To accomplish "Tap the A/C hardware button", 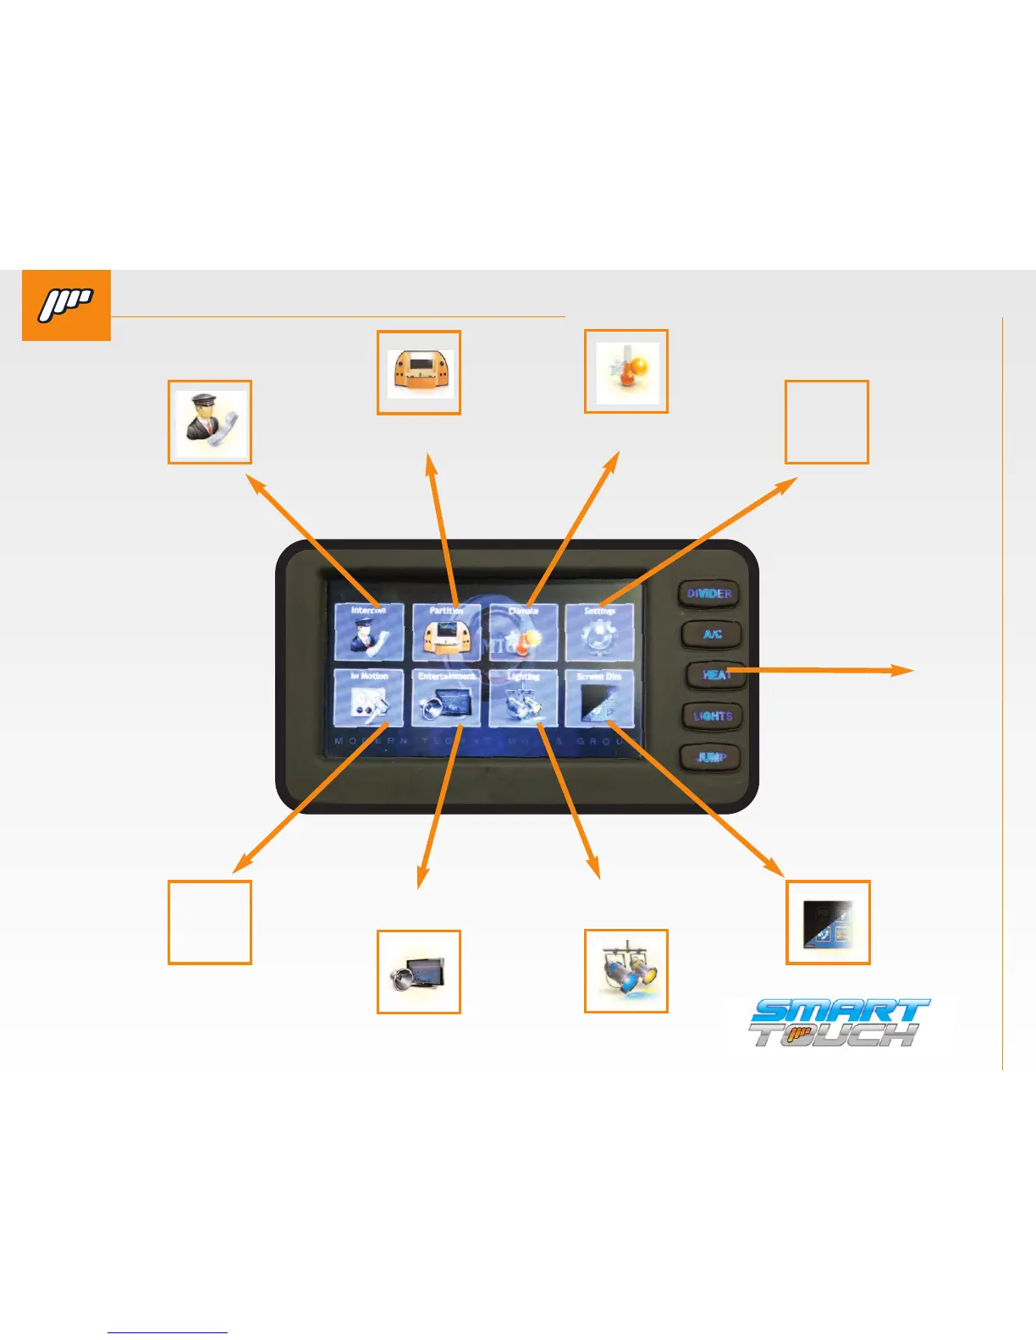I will [x=712, y=634].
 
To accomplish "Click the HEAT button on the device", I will [x=715, y=675].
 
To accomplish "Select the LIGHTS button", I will [x=713, y=716].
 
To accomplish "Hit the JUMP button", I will [x=711, y=757].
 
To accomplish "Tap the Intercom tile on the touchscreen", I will [x=368, y=632].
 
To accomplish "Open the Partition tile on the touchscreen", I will [x=446, y=632].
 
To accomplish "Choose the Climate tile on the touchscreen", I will [x=523, y=632].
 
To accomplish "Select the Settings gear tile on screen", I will [x=599, y=632].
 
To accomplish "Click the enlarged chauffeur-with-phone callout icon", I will [x=210, y=422].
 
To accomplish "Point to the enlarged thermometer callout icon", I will [x=626, y=371].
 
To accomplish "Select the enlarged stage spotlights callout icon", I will [x=626, y=971].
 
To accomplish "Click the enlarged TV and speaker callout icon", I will [x=418, y=972].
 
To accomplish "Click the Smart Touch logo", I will [x=838, y=1023].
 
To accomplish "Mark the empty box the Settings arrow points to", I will [x=827, y=422].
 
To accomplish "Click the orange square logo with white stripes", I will [x=66, y=305].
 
